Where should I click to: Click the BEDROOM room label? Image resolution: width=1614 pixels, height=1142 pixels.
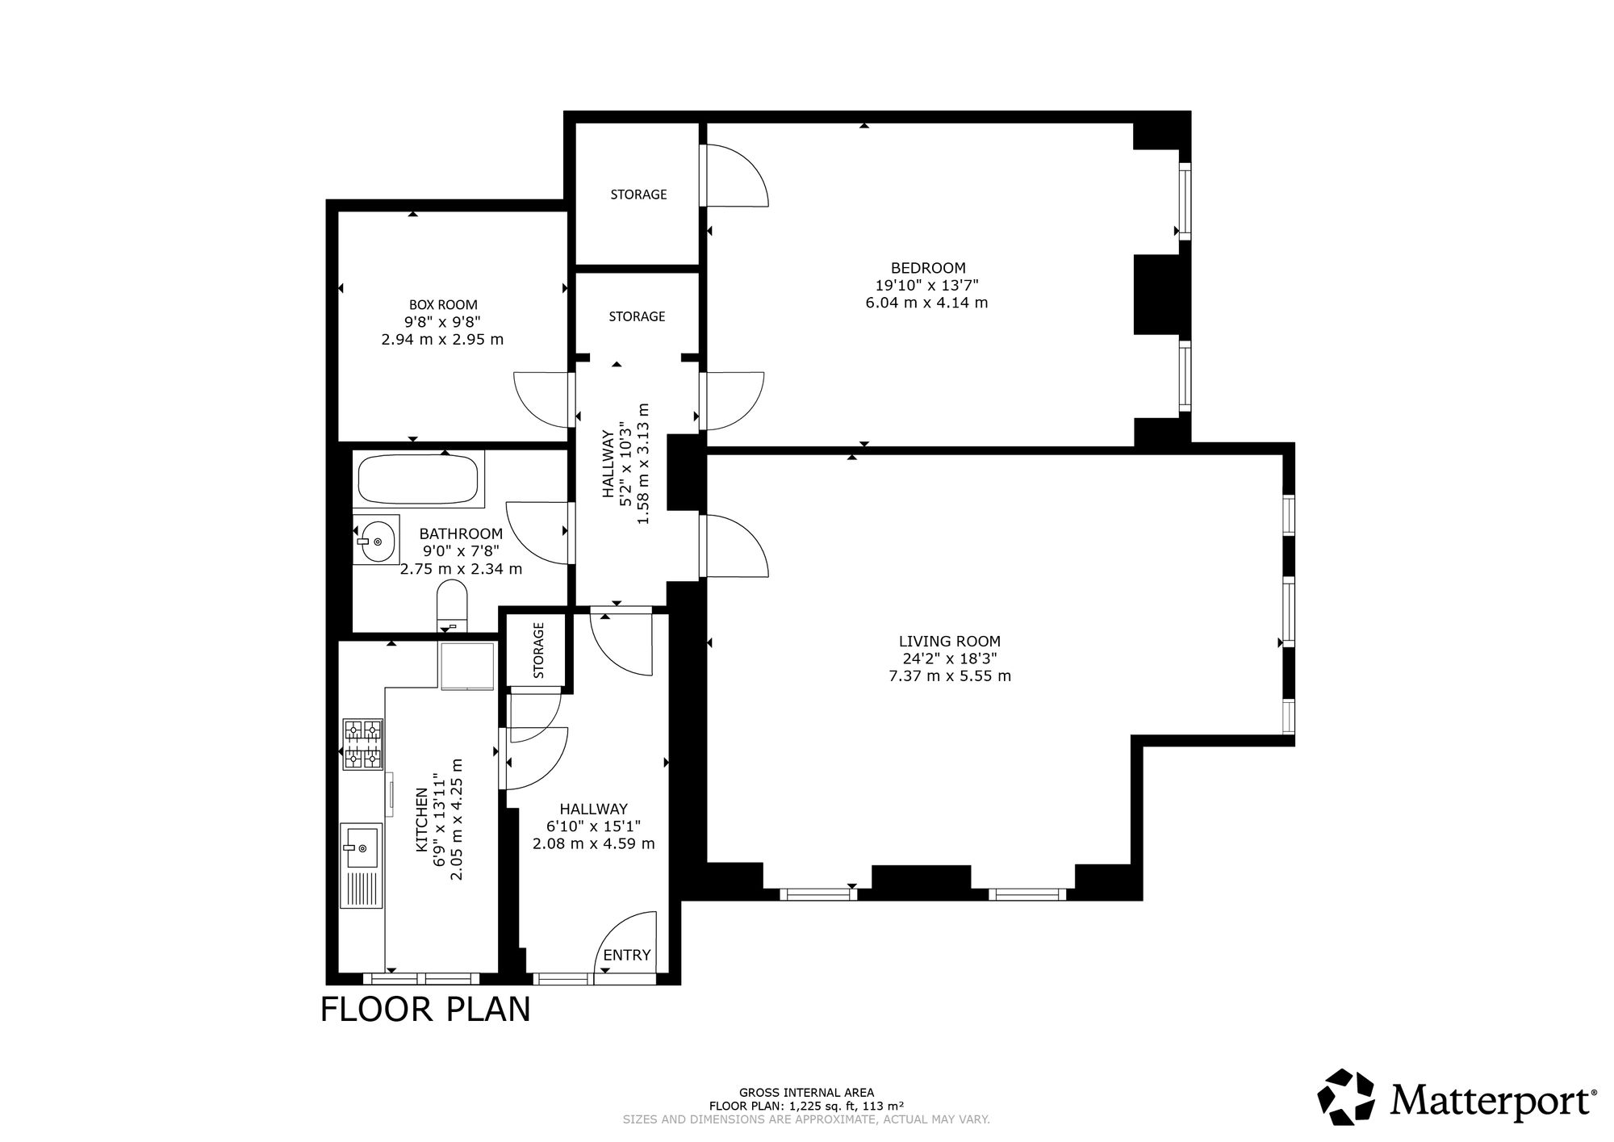click(928, 268)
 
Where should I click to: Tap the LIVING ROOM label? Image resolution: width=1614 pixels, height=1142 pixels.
click(950, 642)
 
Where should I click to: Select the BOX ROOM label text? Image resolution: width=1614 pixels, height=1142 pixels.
click(443, 305)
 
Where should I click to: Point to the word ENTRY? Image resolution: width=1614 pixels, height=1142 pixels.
click(627, 956)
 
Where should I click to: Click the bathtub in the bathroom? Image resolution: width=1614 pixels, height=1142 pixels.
click(419, 480)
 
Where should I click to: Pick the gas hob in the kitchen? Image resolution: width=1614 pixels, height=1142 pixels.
click(362, 744)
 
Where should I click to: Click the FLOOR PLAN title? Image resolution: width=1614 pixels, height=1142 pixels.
click(425, 1010)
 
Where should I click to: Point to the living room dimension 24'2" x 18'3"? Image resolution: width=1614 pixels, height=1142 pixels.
click(950, 659)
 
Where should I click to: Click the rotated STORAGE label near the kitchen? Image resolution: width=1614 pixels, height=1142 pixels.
click(539, 650)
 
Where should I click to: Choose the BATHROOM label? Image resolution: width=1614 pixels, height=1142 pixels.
click(461, 534)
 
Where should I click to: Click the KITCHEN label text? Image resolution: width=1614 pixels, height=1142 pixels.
click(421, 820)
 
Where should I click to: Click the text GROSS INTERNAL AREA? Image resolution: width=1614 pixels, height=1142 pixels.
click(806, 1093)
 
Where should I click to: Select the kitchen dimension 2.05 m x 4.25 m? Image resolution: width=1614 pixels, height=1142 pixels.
click(457, 820)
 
